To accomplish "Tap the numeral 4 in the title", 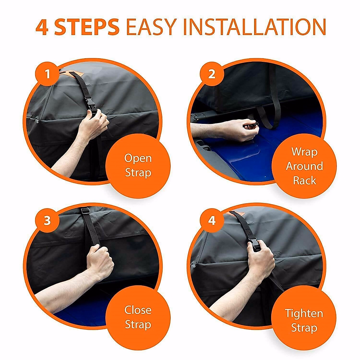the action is coord(42,27).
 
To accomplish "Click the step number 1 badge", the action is coord(48,74).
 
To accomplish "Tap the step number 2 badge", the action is coord(212,74).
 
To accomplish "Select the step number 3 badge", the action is coord(48,220).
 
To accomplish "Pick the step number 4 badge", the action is coord(212,220).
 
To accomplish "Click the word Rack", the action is coord(304,181).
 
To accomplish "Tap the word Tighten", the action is coord(304,313).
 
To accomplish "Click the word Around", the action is coord(304,166).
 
